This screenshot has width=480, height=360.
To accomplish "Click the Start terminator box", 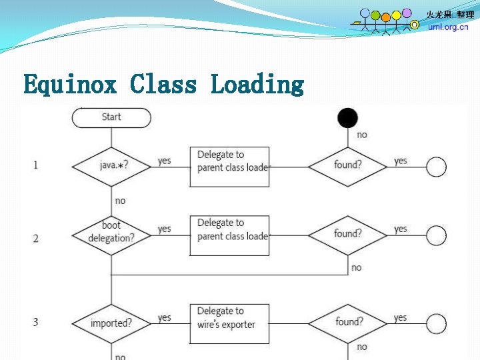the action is pyautogui.click(x=111, y=117).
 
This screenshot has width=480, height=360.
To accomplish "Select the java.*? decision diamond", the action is pyautogui.click(x=111, y=165).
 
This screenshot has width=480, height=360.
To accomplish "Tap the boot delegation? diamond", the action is pyautogui.click(x=111, y=233).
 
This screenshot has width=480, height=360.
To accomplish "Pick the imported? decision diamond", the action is pyautogui.click(x=111, y=323).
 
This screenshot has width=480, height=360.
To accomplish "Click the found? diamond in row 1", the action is pyautogui.click(x=347, y=165).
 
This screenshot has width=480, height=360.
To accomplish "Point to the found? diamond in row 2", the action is pyautogui.click(x=347, y=234).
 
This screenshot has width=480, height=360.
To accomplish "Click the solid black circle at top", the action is pyautogui.click(x=347, y=117).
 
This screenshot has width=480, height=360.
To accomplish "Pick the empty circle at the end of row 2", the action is pyautogui.click(x=436, y=235).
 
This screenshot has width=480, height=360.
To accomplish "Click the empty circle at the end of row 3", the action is pyautogui.click(x=436, y=325).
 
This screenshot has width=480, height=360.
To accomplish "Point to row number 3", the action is pyautogui.click(x=35, y=323).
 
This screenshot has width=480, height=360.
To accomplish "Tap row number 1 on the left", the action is pyautogui.click(x=35, y=165).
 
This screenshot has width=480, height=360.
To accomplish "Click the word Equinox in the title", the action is pyautogui.click(x=70, y=85).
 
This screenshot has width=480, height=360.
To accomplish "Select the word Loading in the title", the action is pyautogui.click(x=257, y=85).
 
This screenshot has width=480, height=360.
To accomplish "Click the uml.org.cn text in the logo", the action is pyautogui.click(x=448, y=27).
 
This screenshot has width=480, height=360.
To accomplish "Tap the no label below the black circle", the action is pyautogui.click(x=362, y=135).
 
